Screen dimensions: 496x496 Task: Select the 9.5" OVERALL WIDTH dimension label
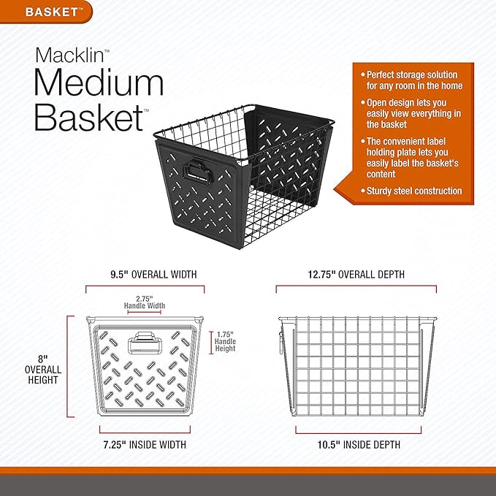tap(144, 275)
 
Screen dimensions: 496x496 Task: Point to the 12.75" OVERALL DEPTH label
tap(356, 275)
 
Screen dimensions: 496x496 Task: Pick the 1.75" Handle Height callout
tap(225, 340)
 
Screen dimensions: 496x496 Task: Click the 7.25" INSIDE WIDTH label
tap(144, 444)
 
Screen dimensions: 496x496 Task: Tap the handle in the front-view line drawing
tap(145, 343)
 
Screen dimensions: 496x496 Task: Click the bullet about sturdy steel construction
tap(413, 191)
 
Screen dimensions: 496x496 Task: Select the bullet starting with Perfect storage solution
tap(413, 80)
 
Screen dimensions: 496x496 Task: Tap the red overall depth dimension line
tap(356, 288)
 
